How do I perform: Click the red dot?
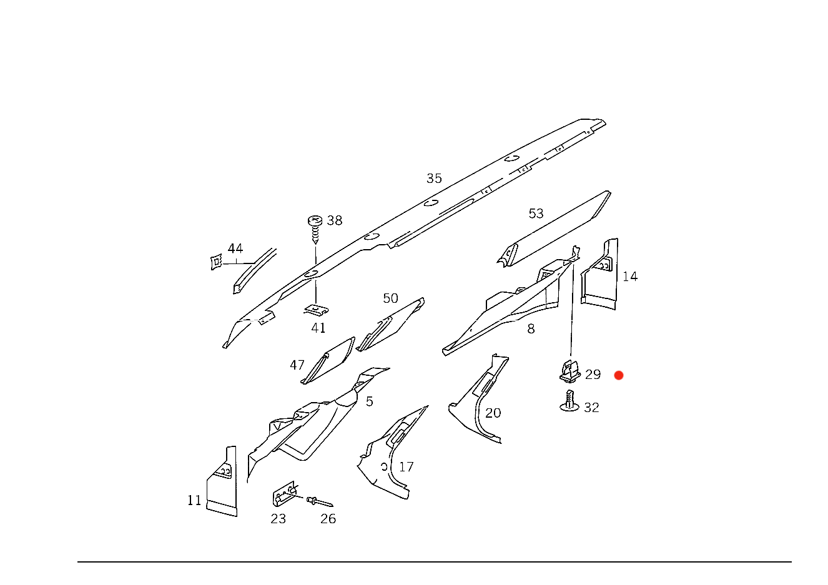619,375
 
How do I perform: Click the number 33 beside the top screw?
335,220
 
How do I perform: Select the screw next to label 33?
315,225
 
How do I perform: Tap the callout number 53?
536,214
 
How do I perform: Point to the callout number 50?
390,299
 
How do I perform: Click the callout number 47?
298,364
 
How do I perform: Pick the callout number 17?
407,467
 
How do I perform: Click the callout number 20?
493,413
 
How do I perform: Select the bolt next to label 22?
569,403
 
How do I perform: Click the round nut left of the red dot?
569,373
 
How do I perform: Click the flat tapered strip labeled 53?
556,228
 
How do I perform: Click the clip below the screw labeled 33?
316,310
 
